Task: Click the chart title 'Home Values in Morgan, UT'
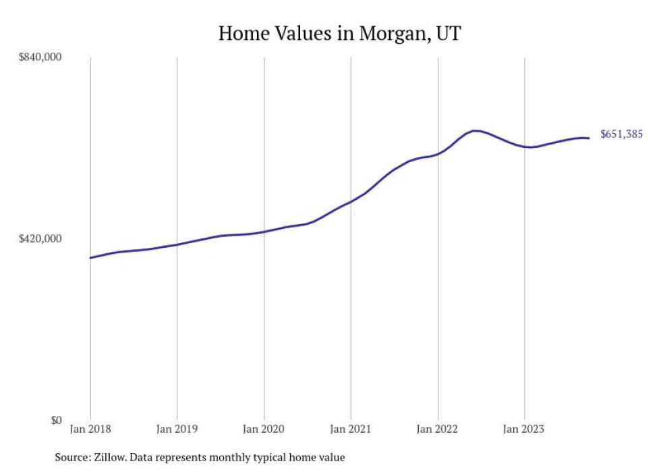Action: click(339, 33)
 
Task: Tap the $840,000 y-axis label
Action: click(40, 57)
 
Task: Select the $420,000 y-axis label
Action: click(40, 238)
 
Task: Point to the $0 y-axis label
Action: click(56, 420)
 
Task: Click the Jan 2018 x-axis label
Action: click(90, 429)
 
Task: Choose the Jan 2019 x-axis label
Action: click(177, 429)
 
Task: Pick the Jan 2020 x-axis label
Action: click(264, 429)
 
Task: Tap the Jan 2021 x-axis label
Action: click(351, 429)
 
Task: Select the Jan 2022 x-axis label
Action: click(438, 429)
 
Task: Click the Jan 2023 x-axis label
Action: click(524, 429)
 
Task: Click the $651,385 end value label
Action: click(621, 134)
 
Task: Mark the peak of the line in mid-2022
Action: click(476, 130)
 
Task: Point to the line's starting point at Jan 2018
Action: click(90, 257)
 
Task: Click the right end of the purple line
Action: click(590, 138)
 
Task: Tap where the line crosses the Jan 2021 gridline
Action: click(351, 201)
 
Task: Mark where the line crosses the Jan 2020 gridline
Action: click(264, 232)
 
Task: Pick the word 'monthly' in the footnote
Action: click(249, 457)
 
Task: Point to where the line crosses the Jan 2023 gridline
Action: click(524, 146)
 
